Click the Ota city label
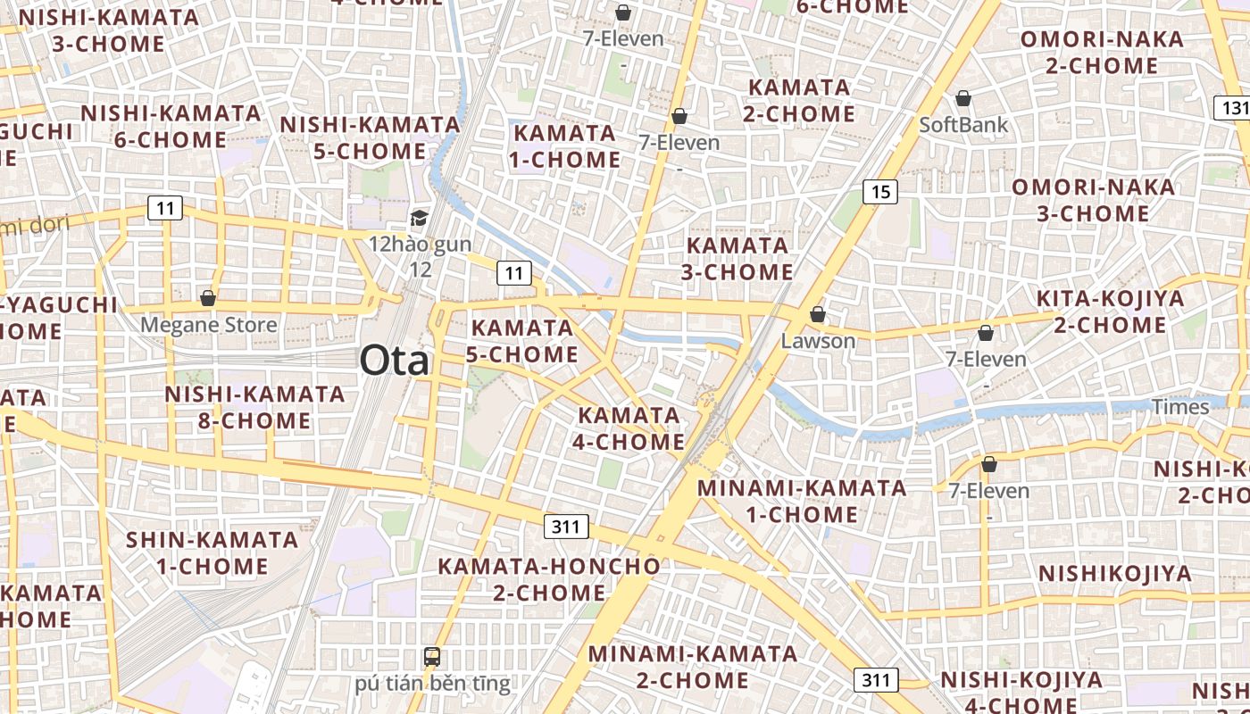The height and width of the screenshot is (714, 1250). [x=394, y=361]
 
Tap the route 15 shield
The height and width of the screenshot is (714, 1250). [x=879, y=191]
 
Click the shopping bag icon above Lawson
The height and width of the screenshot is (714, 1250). [x=817, y=314]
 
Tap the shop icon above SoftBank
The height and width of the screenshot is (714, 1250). [x=963, y=98]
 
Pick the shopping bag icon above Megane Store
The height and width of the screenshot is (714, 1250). [x=208, y=298]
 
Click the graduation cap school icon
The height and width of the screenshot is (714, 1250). [x=419, y=218]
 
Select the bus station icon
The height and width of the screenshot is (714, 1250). [x=432, y=657]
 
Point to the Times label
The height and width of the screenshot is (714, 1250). [x=1180, y=407]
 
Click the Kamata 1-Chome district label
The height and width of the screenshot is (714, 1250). [x=565, y=146]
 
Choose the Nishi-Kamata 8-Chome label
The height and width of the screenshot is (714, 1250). [x=254, y=407]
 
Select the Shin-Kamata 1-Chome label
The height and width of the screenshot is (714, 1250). [x=212, y=552]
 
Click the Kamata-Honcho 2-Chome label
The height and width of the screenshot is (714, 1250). [x=548, y=579]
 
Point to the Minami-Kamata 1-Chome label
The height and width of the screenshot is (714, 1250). [x=802, y=501]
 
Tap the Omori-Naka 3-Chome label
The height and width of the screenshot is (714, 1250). [x=1093, y=200]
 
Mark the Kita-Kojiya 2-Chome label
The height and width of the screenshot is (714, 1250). [x=1110, y=311]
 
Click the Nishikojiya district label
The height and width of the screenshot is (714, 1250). [x=1115, y=573]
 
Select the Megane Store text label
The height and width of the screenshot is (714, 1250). [x=208, y=325]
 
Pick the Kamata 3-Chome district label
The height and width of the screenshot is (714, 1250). [x=737, y=258]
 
